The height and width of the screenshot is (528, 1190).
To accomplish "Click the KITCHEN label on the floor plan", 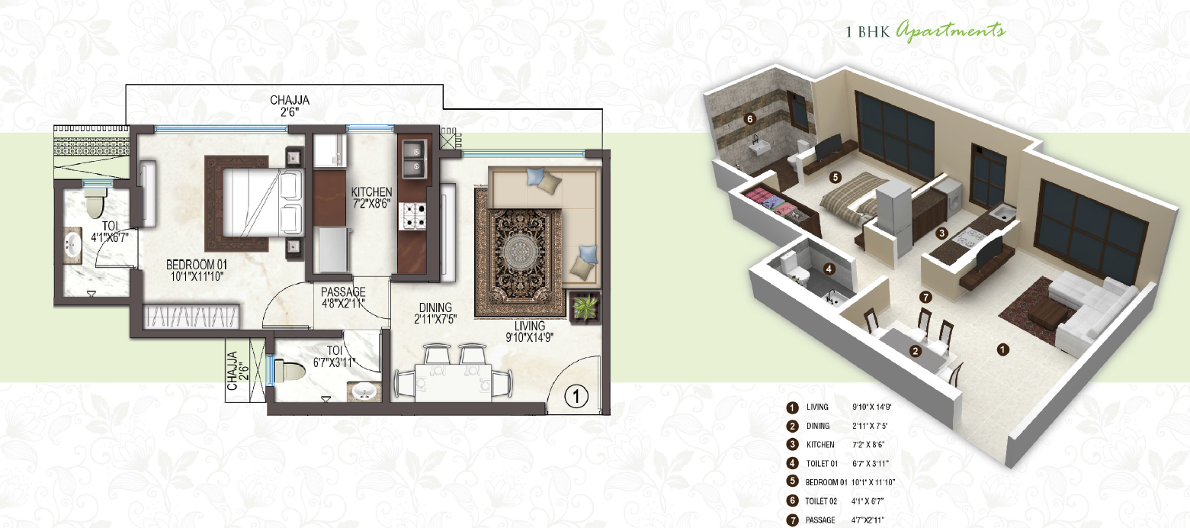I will coord(371,192).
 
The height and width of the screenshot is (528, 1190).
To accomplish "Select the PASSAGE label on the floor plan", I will coord(342,292).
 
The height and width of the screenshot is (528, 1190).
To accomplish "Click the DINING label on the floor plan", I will coord(435,307).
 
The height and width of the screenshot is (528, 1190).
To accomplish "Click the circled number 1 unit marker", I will coord(577,396).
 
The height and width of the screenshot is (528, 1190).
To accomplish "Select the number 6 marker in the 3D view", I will coord(750,119).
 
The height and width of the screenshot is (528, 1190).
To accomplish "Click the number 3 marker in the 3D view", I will coord(942,233).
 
